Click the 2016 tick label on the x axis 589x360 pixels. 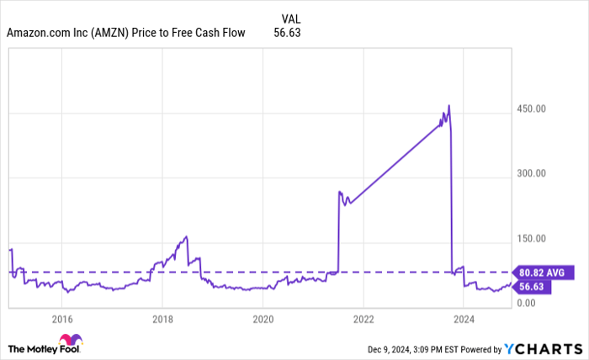[61, 319]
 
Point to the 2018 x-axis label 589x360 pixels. [162, 319]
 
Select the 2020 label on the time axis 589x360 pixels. [263, 319]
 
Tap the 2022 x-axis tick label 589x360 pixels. [363, 319]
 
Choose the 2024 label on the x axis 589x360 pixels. [464, 319]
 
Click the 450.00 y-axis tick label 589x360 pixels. [531, 109]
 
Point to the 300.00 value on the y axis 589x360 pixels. [531, 173]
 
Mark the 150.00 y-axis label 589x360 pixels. [531, 238]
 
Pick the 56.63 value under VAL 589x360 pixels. [288, 34]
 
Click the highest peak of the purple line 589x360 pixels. [448, 106]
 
